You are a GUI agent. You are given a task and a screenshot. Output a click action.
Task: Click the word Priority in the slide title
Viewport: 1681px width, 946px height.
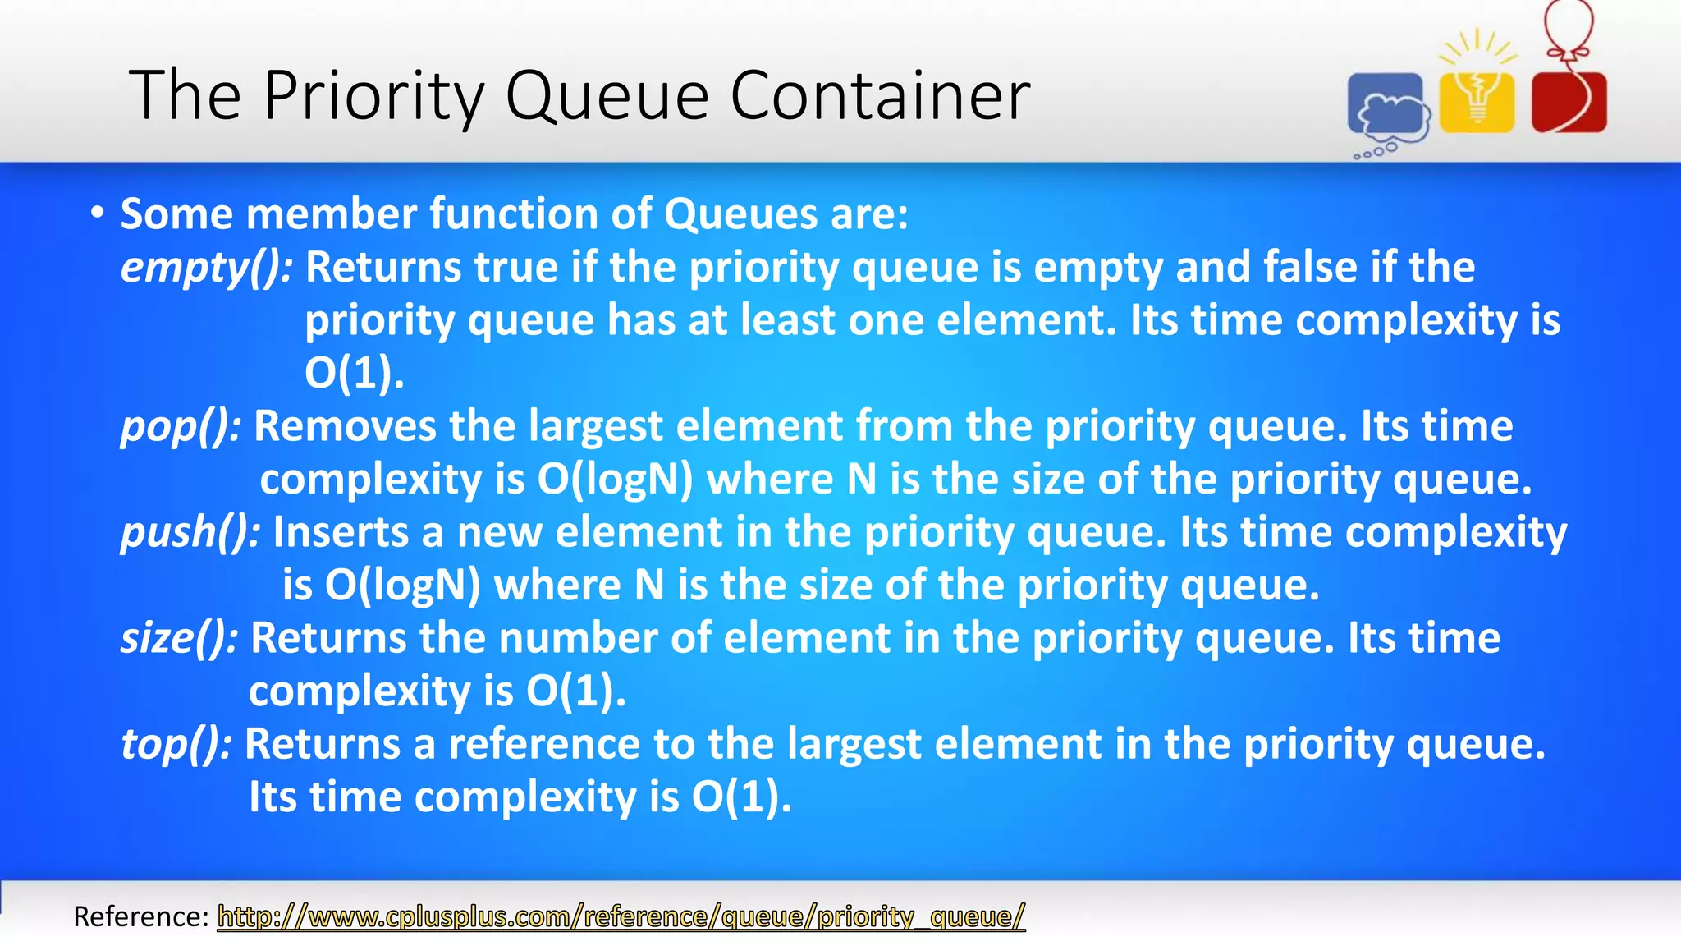(x=375, y=97)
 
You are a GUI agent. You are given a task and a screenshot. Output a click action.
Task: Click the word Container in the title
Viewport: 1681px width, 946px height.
(x=880, y=96)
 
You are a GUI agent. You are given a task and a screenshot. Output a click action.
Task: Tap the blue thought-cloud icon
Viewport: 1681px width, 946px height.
(x=1387, y=107)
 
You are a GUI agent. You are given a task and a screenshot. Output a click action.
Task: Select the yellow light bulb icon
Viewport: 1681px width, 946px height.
(x=1477, y=99)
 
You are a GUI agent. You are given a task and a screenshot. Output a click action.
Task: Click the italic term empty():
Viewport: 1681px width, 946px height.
(x=206, y=268)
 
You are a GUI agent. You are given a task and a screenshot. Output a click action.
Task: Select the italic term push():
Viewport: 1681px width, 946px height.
(x=190, y=532)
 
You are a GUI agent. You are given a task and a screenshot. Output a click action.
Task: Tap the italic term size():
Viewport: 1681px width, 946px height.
(x=179, y=638)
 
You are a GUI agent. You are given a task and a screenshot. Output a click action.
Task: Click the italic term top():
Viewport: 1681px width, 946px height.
(x=176, y=744)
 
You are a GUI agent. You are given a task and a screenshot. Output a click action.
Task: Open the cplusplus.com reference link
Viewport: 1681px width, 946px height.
(x=621, y=916)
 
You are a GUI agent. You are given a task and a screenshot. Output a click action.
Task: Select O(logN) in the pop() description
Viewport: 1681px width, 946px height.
(x=616, y=480)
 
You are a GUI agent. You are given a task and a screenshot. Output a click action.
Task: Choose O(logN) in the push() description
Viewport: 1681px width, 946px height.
(x=402, y=586)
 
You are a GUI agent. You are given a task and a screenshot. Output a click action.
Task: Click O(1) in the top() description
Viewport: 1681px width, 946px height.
(x=741, y=797)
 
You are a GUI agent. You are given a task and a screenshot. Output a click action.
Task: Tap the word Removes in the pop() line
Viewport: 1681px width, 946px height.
(x=345, y=427)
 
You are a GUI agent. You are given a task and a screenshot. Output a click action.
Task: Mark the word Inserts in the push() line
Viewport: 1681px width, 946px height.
(x=341, y=532)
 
